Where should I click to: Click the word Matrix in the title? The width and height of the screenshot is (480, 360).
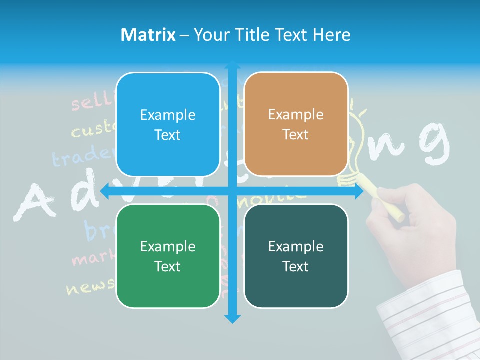148,35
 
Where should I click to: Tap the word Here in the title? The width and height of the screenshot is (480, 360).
331,35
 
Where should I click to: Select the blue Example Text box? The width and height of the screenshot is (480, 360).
168,125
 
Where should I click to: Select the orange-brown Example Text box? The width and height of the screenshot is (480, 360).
296,124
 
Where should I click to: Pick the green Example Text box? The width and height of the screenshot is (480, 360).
168,256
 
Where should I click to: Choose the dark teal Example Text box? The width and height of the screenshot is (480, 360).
296,256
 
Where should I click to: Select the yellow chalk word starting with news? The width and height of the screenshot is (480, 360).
90,287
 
